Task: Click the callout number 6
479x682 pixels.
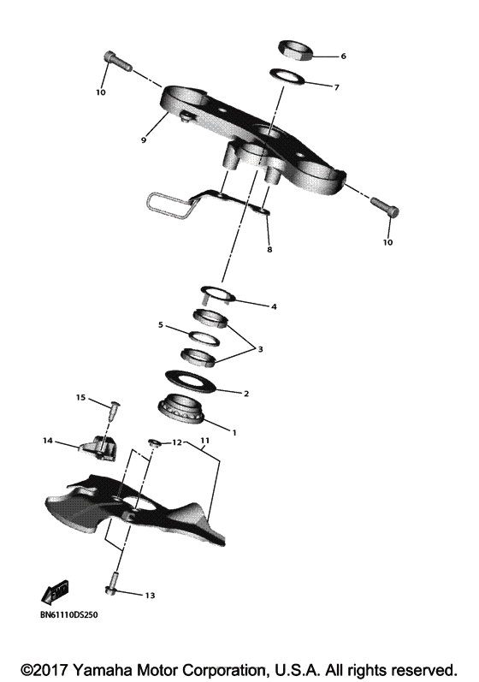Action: (343, 56)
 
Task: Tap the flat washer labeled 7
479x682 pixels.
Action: (287, 78)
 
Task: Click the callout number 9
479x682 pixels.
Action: (145, 139)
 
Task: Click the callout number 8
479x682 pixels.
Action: (269, 250)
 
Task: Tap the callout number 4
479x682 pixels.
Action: (274, 305)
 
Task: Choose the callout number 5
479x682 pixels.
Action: (160, 325)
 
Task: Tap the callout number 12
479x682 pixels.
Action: (177, 442)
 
